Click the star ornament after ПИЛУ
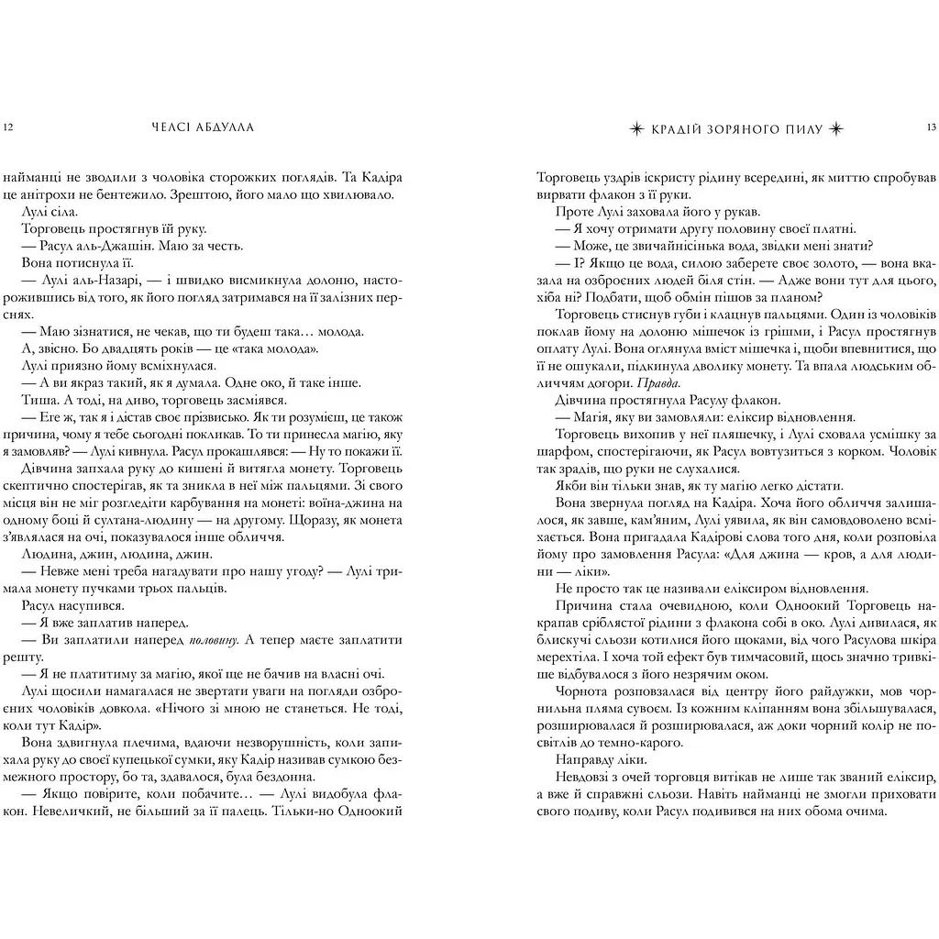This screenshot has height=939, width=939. [x=835, y=128]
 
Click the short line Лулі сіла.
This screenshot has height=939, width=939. [x=46, y=211]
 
